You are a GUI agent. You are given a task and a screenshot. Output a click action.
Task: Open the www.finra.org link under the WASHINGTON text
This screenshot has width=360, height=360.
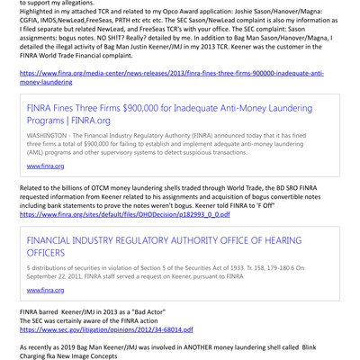(x=45, y=167)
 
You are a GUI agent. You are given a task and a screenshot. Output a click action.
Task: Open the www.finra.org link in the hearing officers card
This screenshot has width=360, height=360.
(x=45, y=290)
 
